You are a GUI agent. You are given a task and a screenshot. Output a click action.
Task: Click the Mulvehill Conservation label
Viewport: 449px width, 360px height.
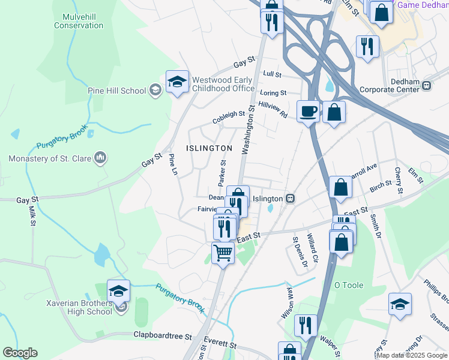click(x=79, y=21)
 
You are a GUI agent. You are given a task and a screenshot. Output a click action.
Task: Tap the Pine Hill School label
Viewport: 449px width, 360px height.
click(x=116, y=91)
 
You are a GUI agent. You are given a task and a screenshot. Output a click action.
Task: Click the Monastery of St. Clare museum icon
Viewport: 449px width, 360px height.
click(x=101, y=158)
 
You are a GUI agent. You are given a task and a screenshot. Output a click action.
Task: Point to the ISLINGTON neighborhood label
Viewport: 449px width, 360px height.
click(x=209, y=148)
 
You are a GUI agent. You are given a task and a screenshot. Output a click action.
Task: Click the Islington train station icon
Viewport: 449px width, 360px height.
click(x=290, y=199)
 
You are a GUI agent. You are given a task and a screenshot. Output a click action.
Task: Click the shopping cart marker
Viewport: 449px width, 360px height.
click(x=223, y=253)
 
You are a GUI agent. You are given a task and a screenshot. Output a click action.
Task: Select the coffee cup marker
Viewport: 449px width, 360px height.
click(x=308, y=111)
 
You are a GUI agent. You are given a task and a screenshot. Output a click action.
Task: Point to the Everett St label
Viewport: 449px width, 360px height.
click(x=220, y=343)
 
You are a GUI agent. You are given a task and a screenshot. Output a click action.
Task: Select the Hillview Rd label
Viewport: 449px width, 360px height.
click(x=273, y=109)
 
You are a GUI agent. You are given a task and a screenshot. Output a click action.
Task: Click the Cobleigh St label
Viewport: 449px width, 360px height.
click(x=229, y=117)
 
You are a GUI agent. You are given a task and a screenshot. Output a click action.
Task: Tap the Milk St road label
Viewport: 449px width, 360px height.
click(x=32, y=217)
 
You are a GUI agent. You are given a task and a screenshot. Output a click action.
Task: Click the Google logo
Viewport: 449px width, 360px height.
click(x=20, y=353)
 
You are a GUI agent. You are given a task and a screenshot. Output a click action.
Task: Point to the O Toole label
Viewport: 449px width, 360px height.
click(x=349, y=284)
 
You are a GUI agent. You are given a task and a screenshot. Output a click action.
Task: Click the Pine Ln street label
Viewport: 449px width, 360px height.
click(x=173, y=165)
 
